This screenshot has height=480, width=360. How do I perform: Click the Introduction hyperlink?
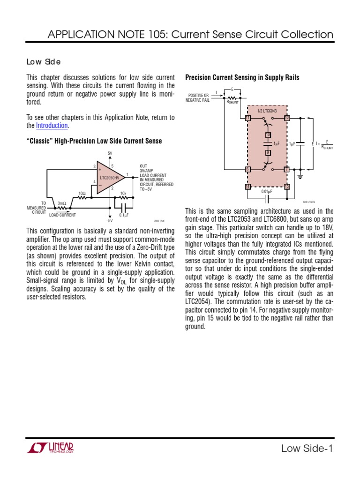click(52, 126)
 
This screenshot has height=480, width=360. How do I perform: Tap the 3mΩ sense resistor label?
click(62, 203)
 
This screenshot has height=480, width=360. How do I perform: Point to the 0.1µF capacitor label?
click(124, 215)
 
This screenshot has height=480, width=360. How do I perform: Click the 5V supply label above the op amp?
click(110, 153)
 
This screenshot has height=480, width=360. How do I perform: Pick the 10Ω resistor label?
click(82, 193)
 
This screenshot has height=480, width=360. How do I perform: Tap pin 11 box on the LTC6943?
click(248, 118)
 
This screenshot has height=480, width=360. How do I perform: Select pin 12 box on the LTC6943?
click(287, 118)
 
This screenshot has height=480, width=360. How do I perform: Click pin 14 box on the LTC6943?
click(248, 187)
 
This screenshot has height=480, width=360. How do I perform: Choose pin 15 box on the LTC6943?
click(287, 187)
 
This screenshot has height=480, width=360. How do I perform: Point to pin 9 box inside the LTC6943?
click(268, 152)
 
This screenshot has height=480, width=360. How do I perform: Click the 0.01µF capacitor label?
click(267, 191)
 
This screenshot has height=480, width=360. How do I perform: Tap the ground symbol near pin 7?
click(300, 177)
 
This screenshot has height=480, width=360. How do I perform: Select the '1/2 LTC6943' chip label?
click(267, 111)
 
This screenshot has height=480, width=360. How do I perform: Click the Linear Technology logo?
click(50, 449)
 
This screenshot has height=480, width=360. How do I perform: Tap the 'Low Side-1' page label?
click(307, 449)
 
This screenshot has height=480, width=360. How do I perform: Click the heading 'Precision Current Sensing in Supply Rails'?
click(242, 77)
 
